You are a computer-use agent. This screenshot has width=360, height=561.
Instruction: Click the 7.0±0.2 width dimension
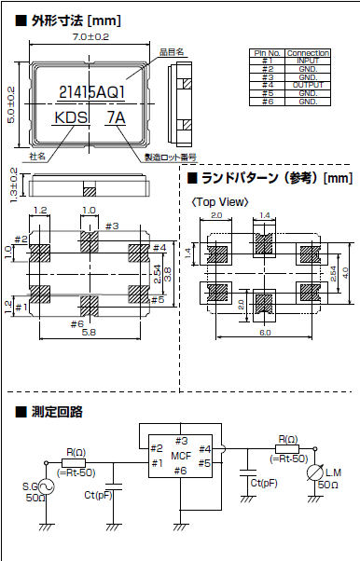(90, 36)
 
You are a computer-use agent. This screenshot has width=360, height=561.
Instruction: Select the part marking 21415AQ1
(90, 92)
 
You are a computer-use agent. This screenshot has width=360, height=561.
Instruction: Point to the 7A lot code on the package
(116, 118)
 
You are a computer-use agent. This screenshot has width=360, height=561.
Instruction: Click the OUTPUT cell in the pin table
(309, 85)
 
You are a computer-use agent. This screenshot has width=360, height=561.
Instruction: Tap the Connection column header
(309, 53)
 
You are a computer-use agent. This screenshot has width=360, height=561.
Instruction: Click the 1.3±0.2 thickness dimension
(13, 185)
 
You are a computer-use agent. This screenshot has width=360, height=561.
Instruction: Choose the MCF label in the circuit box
(180, 455)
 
